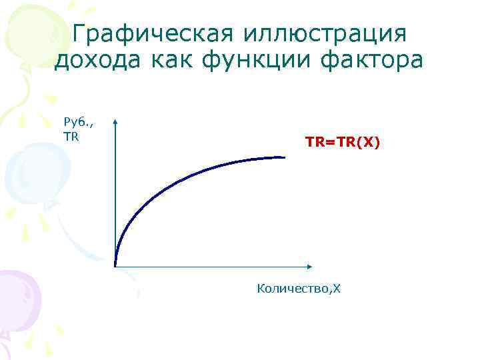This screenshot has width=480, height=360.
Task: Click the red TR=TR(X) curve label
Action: [343, 142]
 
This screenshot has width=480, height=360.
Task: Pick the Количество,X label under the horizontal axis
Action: [299, 288]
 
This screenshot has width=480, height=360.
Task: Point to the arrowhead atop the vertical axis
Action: [115, 123]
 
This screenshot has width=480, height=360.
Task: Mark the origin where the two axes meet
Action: [115, 267]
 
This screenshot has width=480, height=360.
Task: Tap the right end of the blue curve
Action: [285, 157]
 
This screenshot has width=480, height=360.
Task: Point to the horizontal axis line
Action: [213, 267]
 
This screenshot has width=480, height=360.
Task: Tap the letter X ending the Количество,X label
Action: [337, 288]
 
